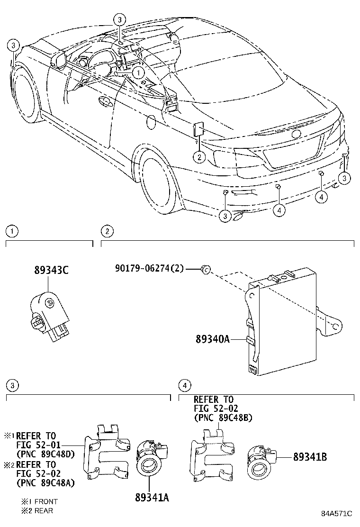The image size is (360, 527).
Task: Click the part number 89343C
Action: tap(51, 271)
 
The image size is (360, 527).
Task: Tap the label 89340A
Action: tap(212, 339)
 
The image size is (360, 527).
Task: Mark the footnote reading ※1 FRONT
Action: tap(39, 501)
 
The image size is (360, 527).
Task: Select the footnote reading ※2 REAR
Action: tap(37, 510)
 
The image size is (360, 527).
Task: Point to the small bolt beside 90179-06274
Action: tap(205, 269)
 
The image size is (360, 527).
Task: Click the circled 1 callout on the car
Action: tap(138, 73)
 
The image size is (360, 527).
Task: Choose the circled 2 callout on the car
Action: tap(199, 157)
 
